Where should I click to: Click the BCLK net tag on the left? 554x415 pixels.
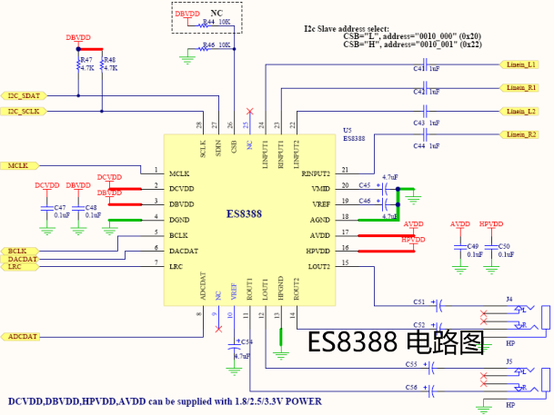(19, 251)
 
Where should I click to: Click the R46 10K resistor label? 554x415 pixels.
(216, 44)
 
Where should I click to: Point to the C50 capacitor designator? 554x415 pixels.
(504, 246)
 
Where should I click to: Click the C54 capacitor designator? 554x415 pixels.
(246, 341)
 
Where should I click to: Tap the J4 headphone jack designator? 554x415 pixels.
(509, 299)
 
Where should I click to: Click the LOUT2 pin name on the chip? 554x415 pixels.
(318, 265)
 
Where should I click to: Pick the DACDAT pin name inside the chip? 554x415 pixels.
(185, 250)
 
